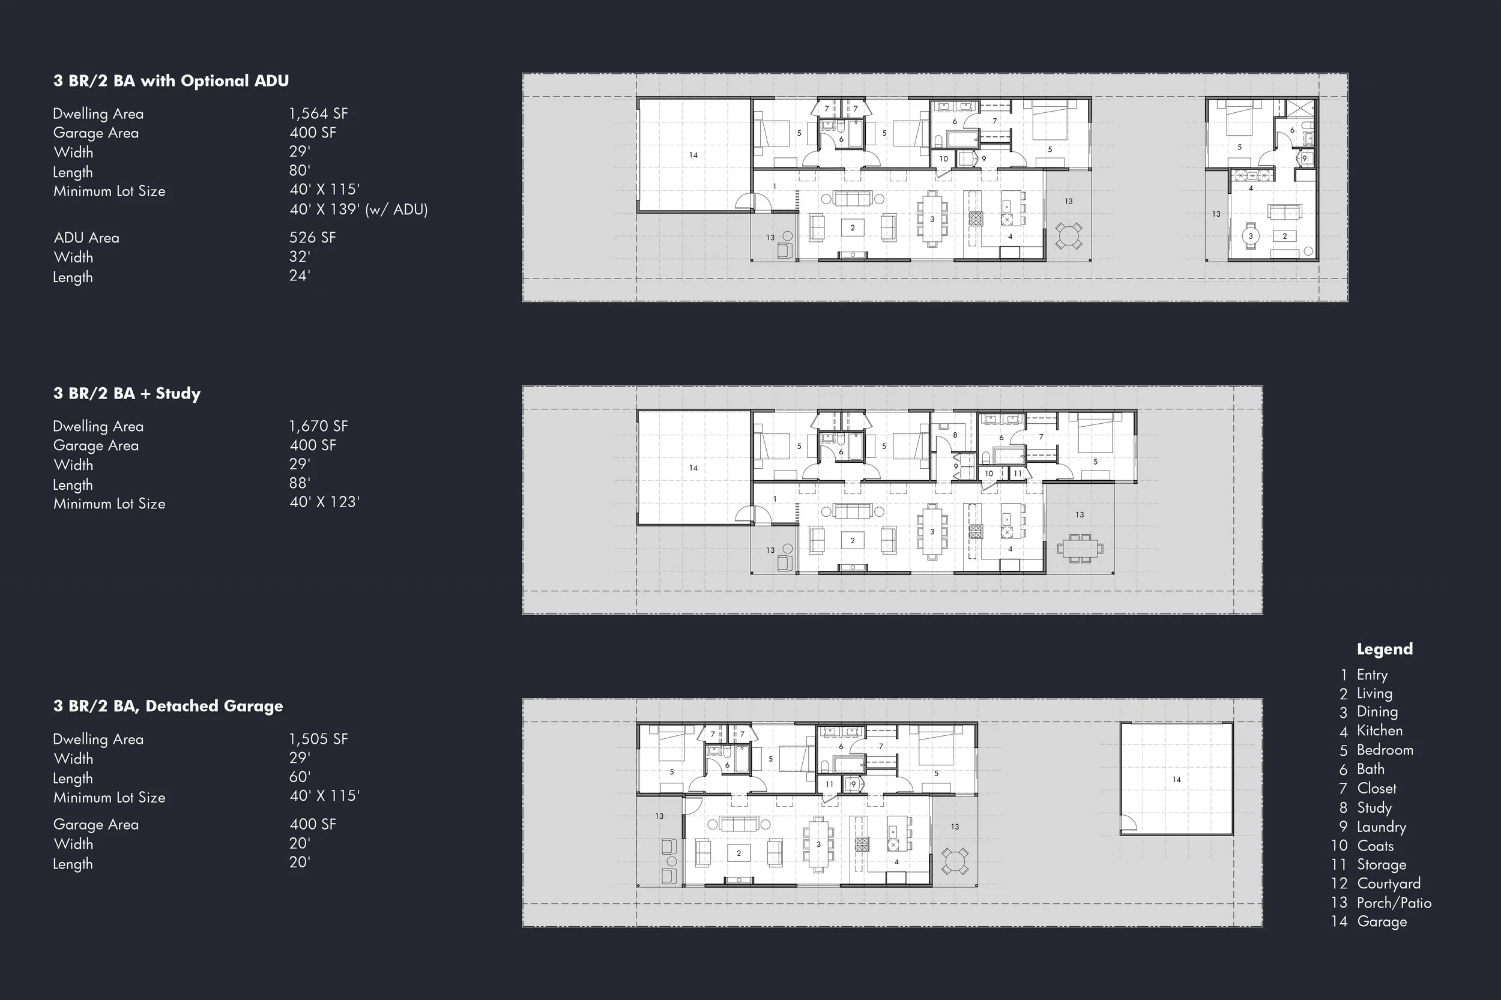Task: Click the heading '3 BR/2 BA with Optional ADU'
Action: coord(171,81)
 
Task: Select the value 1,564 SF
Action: coord(318,113)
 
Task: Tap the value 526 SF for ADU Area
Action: coord(312,237)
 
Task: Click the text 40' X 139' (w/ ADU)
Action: coord(358,209)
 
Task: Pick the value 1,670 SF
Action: coord(318,426)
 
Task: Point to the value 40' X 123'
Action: coord(324,502)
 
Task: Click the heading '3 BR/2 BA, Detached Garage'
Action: coord(168,706)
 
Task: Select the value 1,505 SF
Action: coord(318,739)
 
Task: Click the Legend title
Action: coord(1385,649)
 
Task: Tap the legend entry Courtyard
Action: coord(1388,884)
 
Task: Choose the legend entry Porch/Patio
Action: coord(1393,902)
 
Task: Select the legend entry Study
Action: coord(1374,807)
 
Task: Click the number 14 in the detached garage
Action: coord(1176,779)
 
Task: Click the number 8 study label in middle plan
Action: coord(955,435)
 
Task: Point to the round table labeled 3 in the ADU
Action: coord(1250,236)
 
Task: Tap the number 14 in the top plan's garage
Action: coord(693,155)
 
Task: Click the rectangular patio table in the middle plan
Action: coord(1080,548)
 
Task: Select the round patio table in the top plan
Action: coord(1069,236)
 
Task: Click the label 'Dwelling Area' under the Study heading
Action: coord(98,426)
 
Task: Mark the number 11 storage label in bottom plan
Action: coord(829,785)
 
